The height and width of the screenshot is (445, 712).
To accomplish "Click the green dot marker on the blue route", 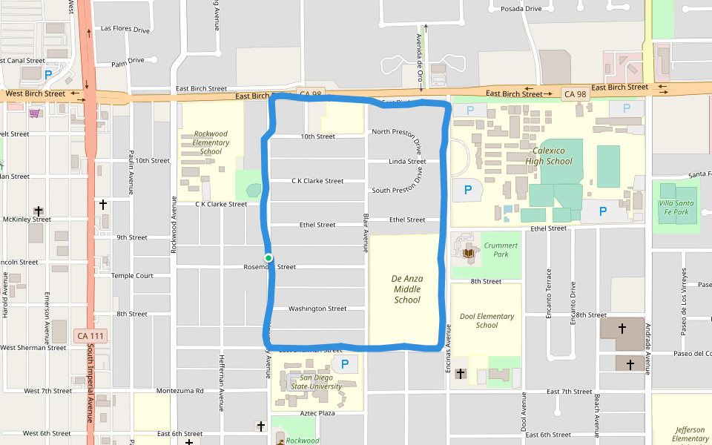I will [x=268, y=258].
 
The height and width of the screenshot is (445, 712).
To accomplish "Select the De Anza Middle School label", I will [x=407, y=289].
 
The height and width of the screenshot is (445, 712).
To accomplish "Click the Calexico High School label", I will [x=549, y=156].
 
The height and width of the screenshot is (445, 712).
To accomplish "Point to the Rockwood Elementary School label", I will [x=211, y=142].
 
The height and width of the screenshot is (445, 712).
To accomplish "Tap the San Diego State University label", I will [x=316, y=382].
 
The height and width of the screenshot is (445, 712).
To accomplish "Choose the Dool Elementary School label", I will [x=487, y=320].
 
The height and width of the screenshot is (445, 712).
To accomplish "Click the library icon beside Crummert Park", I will [x=469, y=254].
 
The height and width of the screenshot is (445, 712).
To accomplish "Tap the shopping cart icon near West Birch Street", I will [x=35, y=113].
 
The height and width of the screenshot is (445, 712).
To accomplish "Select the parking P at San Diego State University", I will [x=343, y=364].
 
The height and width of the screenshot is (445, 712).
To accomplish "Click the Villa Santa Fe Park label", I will [x=673, y=207].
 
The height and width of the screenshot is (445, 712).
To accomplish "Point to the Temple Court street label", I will [x=132, y=275].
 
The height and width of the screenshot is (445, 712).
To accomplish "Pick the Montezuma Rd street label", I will [x=179, y=390].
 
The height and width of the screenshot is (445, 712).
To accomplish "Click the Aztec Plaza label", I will [x=317, y=413].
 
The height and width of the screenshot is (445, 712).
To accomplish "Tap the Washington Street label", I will [x=317, y=309].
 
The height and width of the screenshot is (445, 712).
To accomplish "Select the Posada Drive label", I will [x=521, y=9].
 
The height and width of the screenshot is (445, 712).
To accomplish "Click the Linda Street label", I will [x=407, y=162].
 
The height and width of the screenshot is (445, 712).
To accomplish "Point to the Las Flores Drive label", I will [x=125, y=30].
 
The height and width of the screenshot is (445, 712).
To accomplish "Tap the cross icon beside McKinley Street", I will [x=38, y=211].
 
